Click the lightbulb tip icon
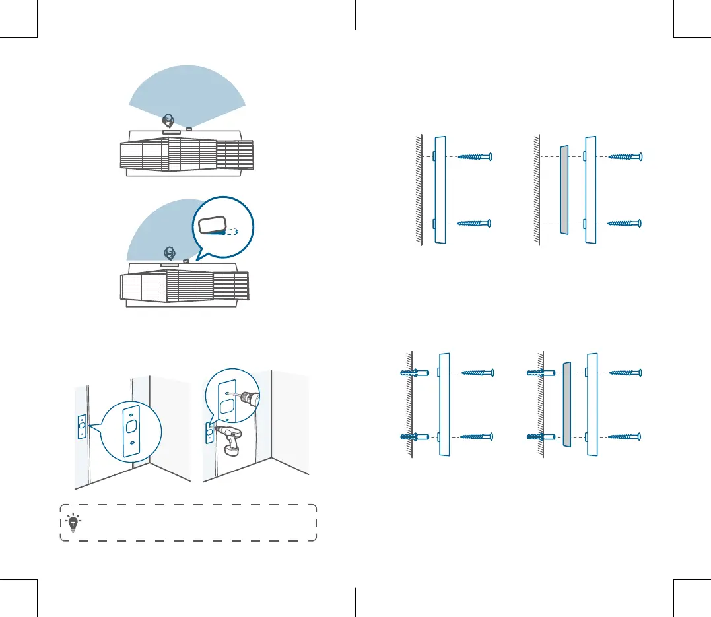72,523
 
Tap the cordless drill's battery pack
232,450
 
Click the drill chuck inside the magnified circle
249,398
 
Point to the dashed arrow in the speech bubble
230,232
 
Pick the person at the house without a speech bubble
168,121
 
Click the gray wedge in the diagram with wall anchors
566,404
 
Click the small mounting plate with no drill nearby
81,428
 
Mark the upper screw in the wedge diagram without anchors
624,157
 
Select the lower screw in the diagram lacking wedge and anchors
474,224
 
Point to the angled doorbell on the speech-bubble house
187,260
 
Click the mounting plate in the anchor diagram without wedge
444,404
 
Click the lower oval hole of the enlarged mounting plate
133,442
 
